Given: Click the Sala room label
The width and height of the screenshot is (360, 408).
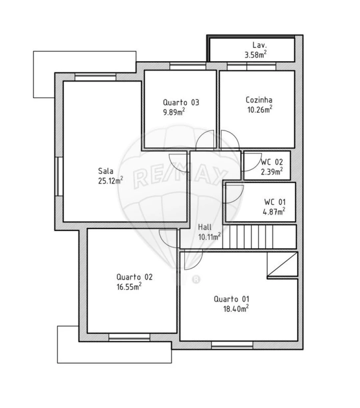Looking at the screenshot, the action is point(106,171).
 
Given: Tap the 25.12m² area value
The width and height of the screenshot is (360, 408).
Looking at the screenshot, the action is point(110,180).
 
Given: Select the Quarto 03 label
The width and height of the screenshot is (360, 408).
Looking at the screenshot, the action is point(181,102).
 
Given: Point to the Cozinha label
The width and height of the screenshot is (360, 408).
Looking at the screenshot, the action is point(259,100).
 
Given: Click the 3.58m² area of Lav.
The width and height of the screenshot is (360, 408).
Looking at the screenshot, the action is point(256,54).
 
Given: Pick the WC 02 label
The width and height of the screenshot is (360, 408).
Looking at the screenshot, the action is point(272,162).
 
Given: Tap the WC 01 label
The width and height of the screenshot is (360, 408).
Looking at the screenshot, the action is point(275,202).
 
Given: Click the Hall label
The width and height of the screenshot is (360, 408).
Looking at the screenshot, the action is point(205,227).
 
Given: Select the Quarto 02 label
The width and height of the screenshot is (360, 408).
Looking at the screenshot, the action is point(134,277).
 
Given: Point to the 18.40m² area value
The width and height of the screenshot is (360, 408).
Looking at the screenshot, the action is point(236,308).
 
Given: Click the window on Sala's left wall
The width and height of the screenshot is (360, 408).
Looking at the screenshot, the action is point(59,176).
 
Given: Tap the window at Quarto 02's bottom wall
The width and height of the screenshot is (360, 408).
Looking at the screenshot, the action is point(130,338).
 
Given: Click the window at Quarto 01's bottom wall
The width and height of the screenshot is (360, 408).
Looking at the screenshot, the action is point(232,345).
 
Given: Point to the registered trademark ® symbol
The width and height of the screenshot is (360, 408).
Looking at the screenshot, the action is point(196,279).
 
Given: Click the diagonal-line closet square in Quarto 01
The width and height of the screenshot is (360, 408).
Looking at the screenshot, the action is point(282,264).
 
